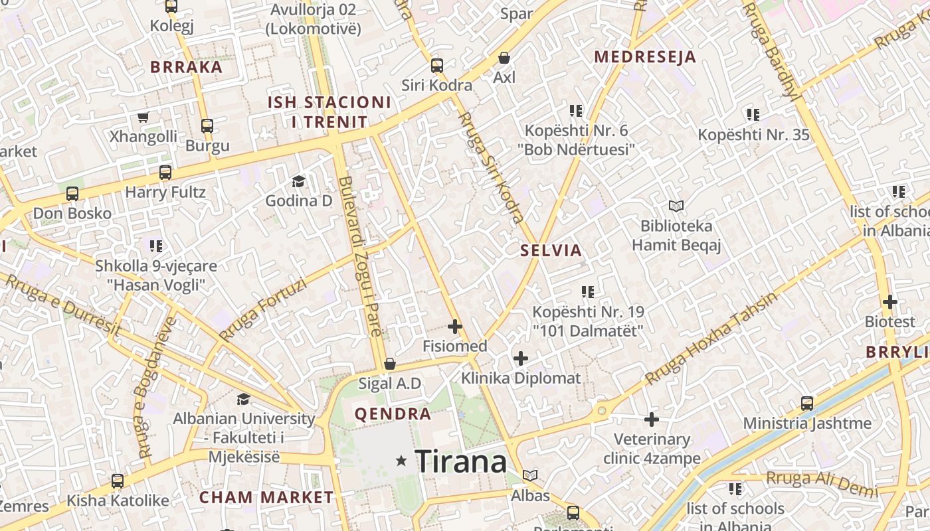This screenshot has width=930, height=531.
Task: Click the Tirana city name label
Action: (460, 461)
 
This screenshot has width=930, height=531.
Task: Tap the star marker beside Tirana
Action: (401, 460)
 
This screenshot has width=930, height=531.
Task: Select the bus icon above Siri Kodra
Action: (436, 66)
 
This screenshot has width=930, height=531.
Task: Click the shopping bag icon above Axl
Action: (504, 58)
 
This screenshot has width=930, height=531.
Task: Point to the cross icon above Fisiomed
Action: (455, 326)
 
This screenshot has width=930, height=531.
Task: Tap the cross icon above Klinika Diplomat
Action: (521, 359)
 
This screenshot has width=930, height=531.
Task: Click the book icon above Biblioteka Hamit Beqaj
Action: (676, 206)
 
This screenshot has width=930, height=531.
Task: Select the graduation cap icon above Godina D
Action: (298, 181)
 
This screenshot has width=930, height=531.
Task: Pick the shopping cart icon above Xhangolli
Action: (143, 117)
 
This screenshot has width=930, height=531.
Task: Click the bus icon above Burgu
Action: (207, 125)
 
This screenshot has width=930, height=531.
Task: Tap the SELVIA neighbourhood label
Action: (551, 251)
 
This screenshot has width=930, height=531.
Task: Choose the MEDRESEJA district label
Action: (645, 57)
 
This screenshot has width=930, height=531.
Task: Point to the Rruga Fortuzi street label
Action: (263, 309)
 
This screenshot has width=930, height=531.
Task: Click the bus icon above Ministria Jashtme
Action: (806, 403)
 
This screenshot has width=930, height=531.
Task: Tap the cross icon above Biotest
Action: (889, 302)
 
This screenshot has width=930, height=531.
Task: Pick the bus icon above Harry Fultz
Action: (165, 173)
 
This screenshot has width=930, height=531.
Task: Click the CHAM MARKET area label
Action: (266, 497)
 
